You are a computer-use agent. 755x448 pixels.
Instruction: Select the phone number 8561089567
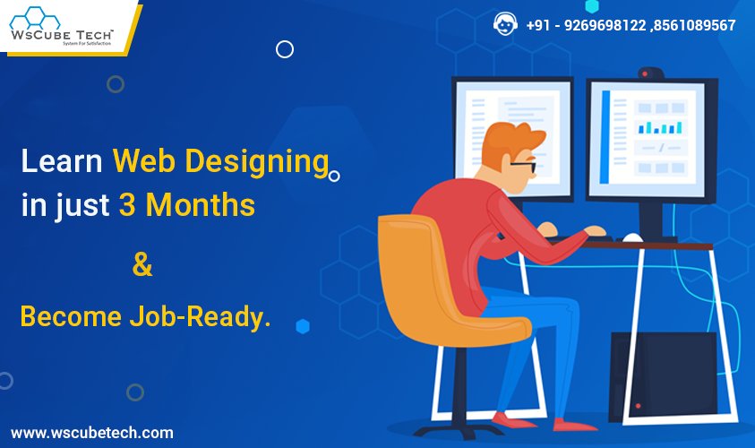(695, 25)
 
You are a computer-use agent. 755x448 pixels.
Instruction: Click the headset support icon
(504, 23)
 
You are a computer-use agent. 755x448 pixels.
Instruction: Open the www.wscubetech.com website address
(92, 433)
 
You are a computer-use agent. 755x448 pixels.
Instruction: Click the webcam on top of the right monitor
(651, 73)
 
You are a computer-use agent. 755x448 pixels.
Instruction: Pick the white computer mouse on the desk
(632, 237)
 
